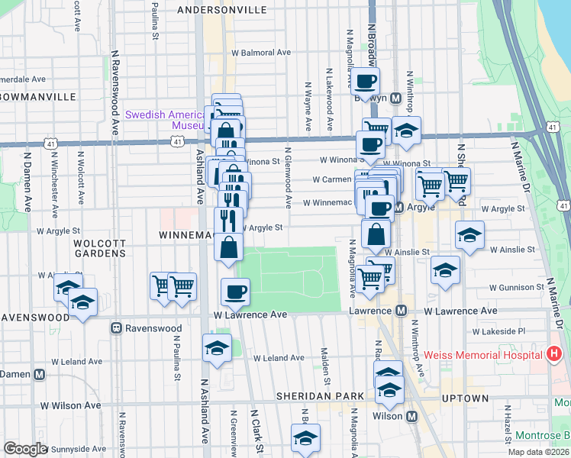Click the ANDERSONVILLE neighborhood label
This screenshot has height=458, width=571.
point(222,10)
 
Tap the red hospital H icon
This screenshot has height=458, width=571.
point(553,354)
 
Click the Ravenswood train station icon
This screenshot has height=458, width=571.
point(117,328)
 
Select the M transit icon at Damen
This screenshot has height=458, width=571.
point(38,374)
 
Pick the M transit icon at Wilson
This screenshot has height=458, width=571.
point(412,416)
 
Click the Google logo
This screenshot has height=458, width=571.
point(25,449)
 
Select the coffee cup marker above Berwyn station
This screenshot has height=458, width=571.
point(366,81)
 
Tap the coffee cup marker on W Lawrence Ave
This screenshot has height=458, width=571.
point(235,291)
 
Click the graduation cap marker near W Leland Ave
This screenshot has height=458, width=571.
point(217,347)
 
